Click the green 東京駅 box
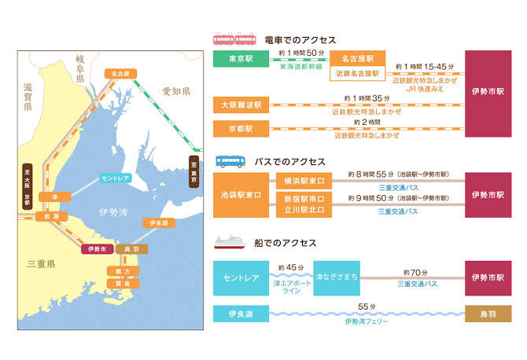pyautogui.click(x=241, y=60)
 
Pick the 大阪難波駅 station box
pyautogui.click(x=241, y=104)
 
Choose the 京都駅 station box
pyautogui.click(x=241, y=128)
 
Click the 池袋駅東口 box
pyautogui.click(x=241, y=195)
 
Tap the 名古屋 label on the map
pyautogui.click(x=120, y=73)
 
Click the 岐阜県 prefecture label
pyautogui.click(x=84, y=65)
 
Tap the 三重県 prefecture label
pyautogui.click(x=40, y=265)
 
